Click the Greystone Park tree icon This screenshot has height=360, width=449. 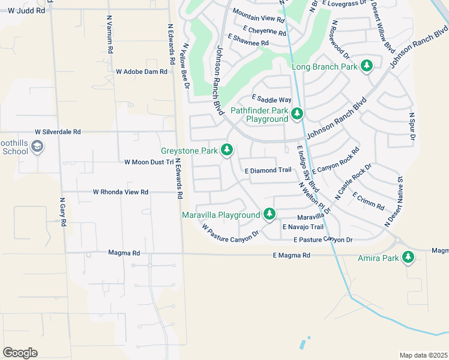tap(227, 150)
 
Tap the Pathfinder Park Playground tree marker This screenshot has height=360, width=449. tap(297, 113)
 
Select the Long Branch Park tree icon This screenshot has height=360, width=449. tap(366, 66)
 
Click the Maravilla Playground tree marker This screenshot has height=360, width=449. tap(270, 214)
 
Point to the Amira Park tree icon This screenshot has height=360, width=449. tap(408, 257)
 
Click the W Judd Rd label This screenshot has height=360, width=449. tap(23, 11)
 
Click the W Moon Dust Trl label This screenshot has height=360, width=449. tap(148, 162)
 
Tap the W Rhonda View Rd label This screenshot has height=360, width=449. tap(120, 192)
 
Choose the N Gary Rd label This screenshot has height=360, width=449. tap(62, 212)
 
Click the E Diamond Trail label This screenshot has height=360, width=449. tap(268, 170)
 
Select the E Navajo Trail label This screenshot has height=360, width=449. tap(303, 227)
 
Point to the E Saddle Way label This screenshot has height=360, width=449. tap(271, 99)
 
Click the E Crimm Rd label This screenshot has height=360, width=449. tap(368, 202)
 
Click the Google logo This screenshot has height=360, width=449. tap(20, 353)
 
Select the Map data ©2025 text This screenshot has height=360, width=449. tap(423, 355)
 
